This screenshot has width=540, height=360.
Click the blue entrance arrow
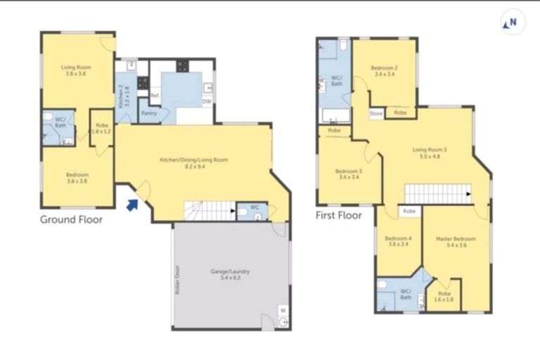tap(131, 205)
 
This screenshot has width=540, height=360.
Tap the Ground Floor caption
tap(71, 219)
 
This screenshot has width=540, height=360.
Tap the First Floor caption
tap(339, 215)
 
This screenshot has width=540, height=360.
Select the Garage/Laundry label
tap(230, 274)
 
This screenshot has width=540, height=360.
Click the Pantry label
tap(148, 113)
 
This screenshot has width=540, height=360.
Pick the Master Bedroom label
tap(456, 241)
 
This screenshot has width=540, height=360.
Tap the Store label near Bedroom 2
tap(376, 112)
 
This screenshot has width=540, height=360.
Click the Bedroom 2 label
tap(385, 70)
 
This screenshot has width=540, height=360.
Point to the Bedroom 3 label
tap(348, 174)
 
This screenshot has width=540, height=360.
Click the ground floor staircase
tap(209, 210)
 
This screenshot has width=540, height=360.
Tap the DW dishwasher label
tap(206, 101)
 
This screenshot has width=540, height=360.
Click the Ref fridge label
tap(154, 94)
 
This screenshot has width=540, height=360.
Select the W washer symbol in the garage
tap(282, 309)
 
